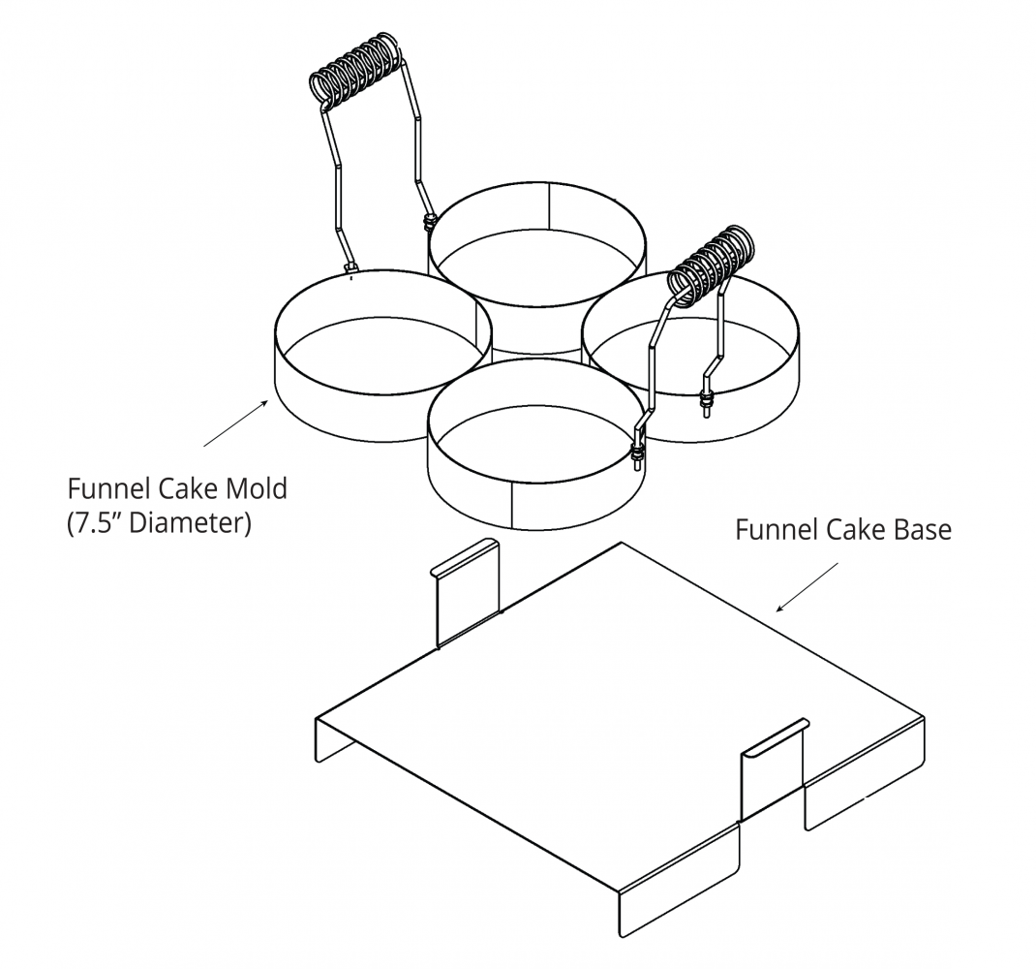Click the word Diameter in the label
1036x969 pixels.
pos(189,523)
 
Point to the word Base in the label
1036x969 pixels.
pos(920,530)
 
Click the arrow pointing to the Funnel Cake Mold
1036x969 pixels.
pos(235,423)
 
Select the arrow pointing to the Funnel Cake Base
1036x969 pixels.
pos(807,588)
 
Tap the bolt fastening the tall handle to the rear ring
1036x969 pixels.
pos(426,224)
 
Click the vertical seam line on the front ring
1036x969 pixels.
pos(511,504)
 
